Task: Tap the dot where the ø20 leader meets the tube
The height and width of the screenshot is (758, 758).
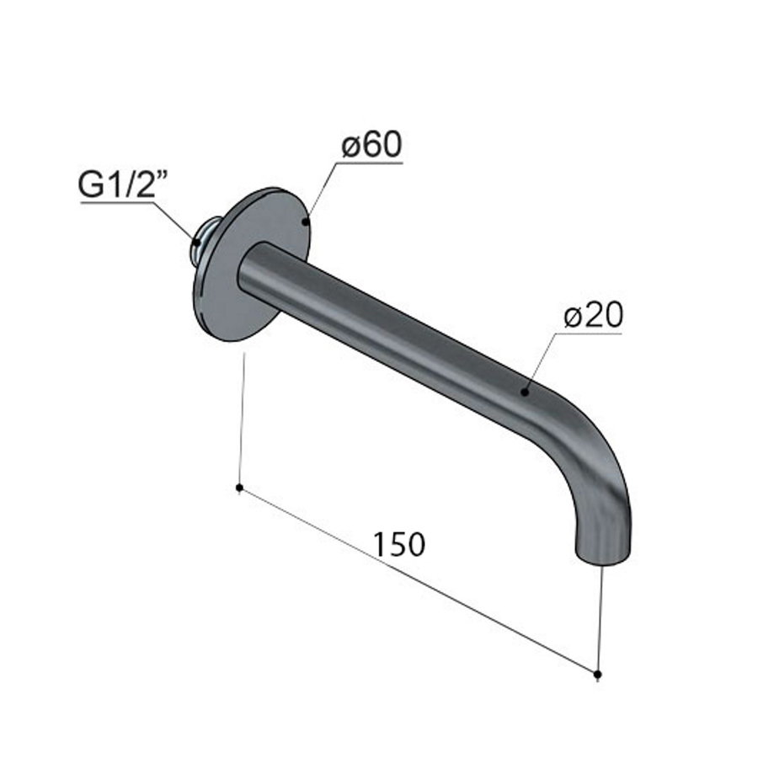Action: coord(524,392)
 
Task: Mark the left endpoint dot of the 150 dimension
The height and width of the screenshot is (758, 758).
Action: coord(240,488)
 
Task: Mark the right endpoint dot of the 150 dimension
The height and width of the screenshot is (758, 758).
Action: coord(597,674)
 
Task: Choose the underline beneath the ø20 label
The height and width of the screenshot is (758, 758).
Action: coord(590,333)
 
